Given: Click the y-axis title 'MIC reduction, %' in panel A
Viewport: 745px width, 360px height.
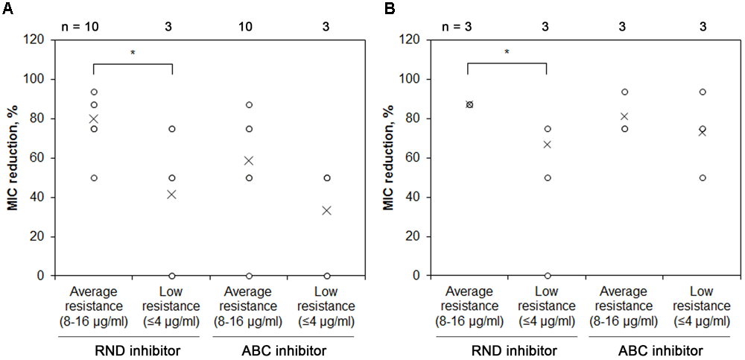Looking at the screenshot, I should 13,157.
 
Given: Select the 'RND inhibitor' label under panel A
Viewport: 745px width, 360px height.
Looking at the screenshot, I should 133,349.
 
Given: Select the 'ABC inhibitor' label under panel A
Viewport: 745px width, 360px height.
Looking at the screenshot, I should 288,349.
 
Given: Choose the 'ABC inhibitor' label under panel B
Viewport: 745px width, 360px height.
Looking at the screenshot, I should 663,349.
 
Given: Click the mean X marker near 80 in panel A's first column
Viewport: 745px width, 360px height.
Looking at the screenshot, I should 94,119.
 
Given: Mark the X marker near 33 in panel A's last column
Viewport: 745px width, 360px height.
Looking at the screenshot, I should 327,210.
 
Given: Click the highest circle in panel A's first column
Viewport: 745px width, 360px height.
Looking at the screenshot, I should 94,92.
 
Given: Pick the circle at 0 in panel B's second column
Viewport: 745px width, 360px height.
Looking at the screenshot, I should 546,276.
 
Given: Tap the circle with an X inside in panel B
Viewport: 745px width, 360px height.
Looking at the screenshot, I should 469,104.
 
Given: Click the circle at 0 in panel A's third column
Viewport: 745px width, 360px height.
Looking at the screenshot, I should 249,276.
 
